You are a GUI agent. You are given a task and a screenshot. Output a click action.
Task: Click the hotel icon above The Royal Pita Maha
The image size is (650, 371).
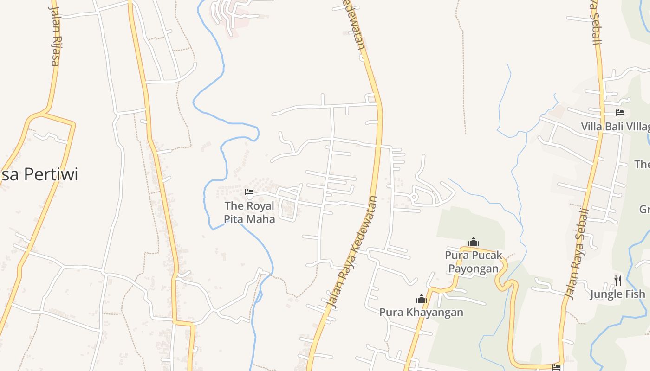[x=249, y=192]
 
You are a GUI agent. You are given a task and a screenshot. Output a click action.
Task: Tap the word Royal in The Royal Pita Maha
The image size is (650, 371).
[x=260, y=205]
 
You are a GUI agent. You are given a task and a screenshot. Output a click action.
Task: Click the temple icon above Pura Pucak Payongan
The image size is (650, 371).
[x=474, y=242]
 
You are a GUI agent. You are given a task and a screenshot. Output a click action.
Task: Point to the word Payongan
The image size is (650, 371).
[x=474, y=269]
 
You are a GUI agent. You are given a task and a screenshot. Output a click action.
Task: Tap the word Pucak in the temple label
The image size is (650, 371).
[x=487, y=255]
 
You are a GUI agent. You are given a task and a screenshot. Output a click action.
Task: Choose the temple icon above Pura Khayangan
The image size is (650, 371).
[x=421, y=299]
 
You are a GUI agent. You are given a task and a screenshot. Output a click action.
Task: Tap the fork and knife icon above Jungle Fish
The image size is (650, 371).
[x=617, y=280]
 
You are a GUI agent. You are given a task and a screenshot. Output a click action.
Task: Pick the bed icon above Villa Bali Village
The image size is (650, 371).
[x=620, y=113]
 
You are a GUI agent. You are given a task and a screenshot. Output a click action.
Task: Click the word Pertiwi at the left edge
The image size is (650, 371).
[x=51, y=174]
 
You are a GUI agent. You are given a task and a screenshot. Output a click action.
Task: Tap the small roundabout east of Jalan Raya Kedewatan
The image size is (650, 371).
[x=415, y=197]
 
